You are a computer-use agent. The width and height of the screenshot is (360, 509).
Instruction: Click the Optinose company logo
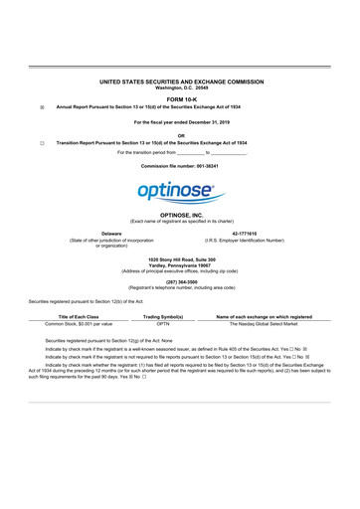pyautogui.click(x=180, y=190)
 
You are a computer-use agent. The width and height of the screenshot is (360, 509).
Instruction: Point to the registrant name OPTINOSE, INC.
pyautogui.click(x=180, y=214)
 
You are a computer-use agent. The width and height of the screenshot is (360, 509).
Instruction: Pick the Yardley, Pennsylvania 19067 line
pyautogui.click(x=180, y=264)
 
